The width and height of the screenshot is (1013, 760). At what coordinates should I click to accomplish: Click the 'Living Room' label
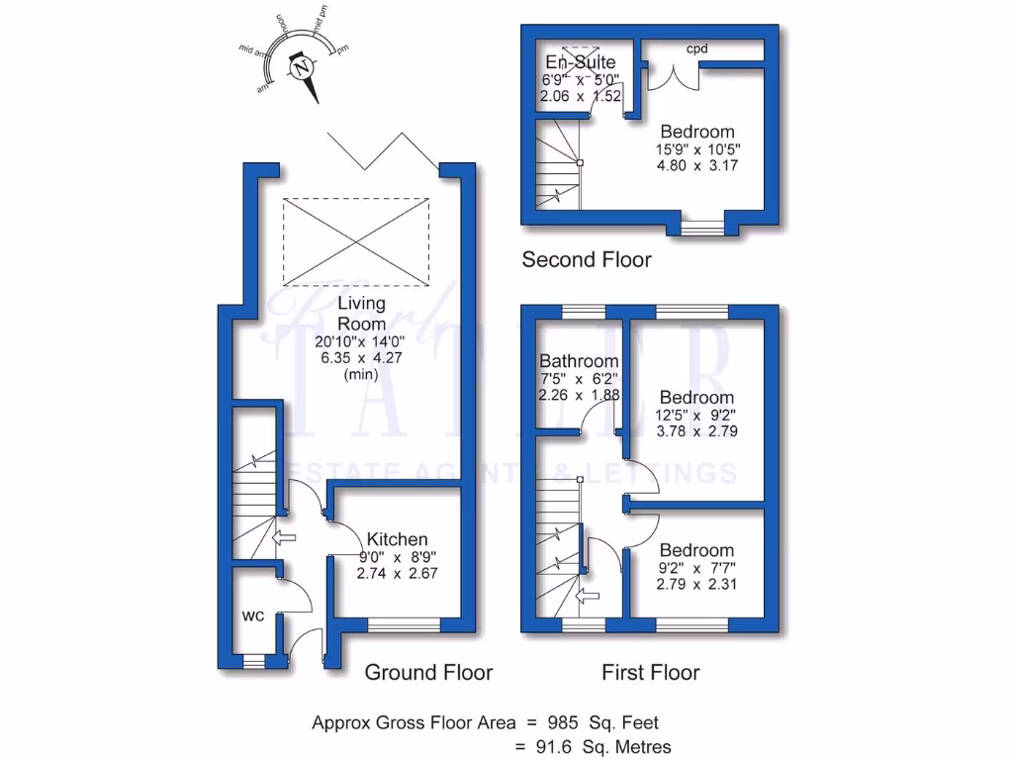361,314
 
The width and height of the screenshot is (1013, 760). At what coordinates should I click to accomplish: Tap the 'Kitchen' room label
398,539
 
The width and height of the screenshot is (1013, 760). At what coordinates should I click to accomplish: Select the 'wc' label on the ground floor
252,616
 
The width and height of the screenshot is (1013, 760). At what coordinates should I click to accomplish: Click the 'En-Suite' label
581,63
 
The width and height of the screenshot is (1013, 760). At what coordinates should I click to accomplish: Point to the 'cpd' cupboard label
697,47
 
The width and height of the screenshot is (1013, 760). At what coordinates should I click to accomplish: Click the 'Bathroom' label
580,361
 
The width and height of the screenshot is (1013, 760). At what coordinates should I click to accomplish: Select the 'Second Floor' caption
587,260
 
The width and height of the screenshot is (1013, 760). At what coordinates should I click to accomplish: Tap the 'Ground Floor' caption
428,673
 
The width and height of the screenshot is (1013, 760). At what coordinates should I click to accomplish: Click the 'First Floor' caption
650,673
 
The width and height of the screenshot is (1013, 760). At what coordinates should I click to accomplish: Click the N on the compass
302,68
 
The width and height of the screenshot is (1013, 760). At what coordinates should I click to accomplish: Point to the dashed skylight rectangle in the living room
356,239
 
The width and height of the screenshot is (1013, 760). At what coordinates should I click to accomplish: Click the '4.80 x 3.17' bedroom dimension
697,166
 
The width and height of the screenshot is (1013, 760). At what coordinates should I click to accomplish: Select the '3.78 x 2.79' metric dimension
697,431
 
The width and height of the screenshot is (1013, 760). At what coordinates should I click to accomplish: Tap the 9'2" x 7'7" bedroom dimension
697,568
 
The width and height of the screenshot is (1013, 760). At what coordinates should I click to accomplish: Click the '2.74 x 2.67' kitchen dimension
398,573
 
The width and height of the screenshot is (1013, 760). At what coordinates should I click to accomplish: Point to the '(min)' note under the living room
361,375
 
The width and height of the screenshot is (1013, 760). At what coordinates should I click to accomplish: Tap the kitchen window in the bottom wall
404,625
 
